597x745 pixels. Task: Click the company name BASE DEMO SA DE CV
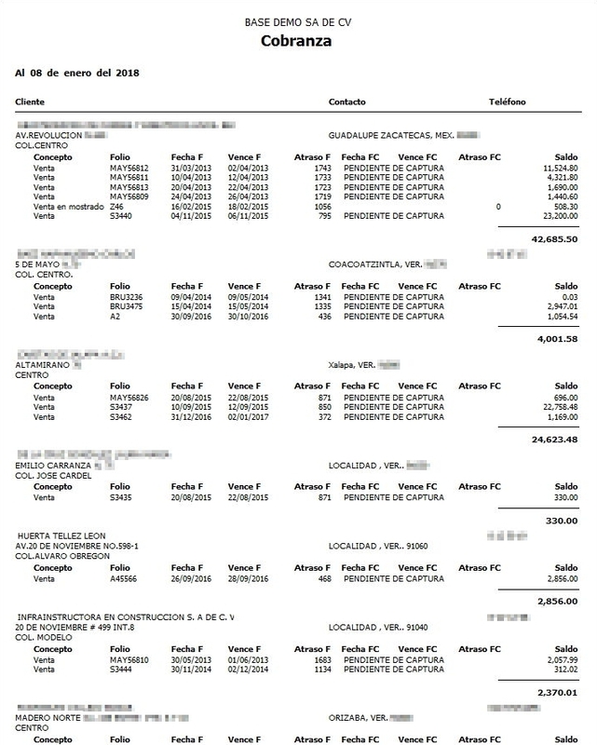pos(298,20)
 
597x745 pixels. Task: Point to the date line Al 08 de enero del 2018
pos(77,71)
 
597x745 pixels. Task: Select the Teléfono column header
pos(508,102)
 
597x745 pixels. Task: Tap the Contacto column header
pos(347,102)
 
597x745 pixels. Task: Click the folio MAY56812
pos(129,168)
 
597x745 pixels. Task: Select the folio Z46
pos(117,205)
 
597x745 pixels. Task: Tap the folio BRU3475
pos(127,307)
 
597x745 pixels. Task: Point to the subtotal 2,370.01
pos(557,693)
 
